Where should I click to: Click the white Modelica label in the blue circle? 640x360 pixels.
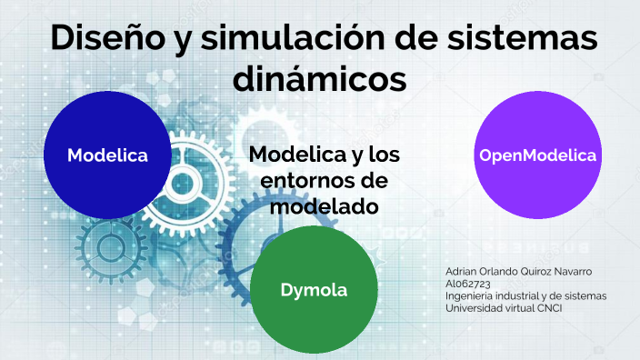(x=107, y=155)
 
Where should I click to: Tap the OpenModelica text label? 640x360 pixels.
(x=537, y=155)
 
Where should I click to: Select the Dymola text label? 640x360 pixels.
(x=314, y=290)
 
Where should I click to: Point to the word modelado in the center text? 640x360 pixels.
(x=325, y=206)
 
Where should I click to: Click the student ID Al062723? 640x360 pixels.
(x=469, y=284)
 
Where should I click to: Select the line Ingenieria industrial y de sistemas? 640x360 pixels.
(x=525, y=295)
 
